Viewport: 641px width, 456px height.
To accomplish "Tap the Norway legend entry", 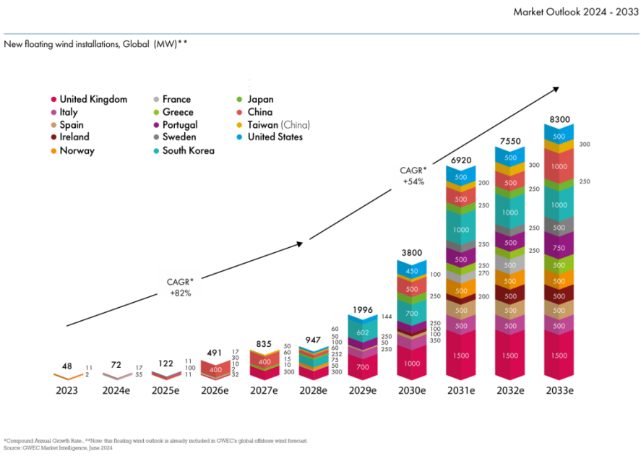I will [76, 151].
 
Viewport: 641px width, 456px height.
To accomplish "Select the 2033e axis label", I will [559, 390].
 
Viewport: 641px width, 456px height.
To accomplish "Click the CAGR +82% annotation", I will [180, 288].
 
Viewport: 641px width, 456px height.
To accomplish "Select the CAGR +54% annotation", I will [413, 176].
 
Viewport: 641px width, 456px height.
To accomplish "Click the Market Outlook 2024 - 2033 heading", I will [575, 12].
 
